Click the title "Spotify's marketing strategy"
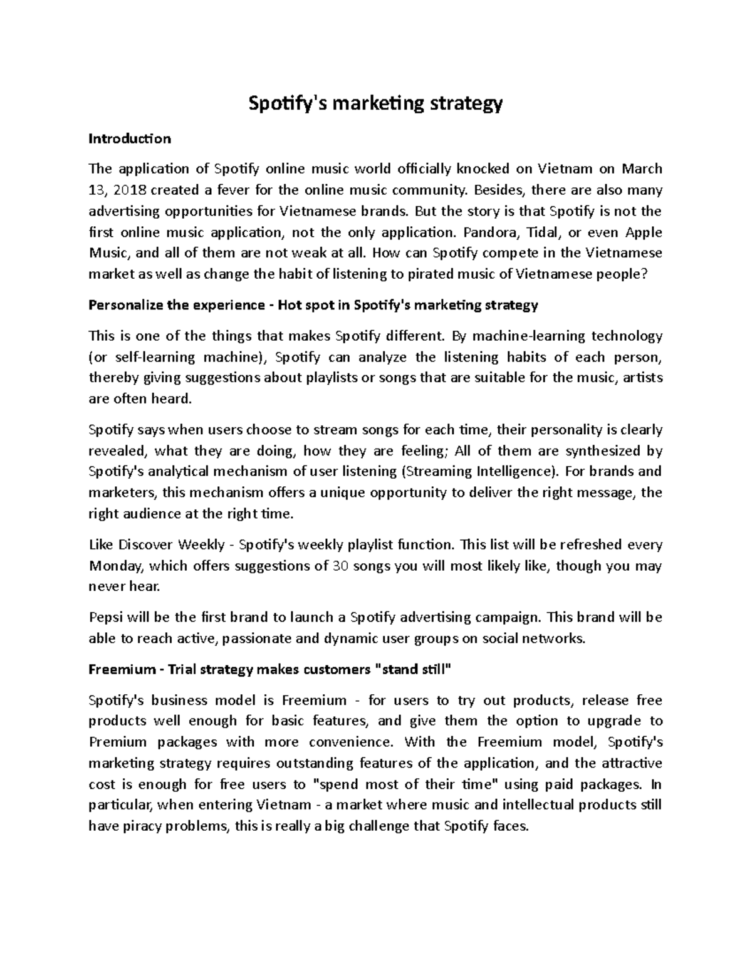coord(376,104)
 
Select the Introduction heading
coord(130,138)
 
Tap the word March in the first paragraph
coord(642,169)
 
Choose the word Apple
coord(644,232)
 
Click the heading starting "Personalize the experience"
coord(313,305)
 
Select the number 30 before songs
coord(340,566)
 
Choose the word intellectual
coord(525,805)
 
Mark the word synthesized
coord(604,450)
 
